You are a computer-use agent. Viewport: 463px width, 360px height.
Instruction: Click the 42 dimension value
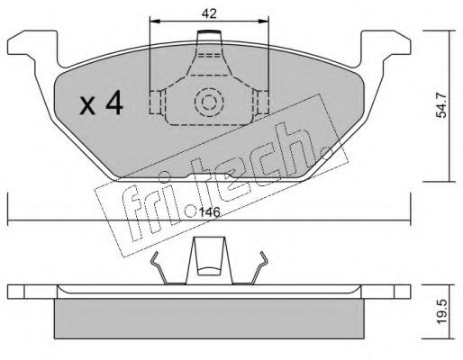click(x=209, y=13)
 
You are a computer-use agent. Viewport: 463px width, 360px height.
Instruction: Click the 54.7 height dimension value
click(x=441, y=105)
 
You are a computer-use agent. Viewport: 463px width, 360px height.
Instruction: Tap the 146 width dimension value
click(x=210, y=212)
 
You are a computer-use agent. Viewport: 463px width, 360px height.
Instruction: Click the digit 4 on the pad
click(x=114, y=103)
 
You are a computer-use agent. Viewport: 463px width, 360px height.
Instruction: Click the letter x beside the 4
click(x=87, y=105)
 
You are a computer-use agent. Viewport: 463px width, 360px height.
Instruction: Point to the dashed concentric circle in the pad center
click(x=209, y=103)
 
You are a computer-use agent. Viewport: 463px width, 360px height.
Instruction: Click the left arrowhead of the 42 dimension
click(x=155, y=21)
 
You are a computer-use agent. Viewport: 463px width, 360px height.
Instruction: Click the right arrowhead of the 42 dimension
click(x=263, y=21)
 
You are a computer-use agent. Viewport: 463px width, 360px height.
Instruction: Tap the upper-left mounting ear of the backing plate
click(x=33, y=45)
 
